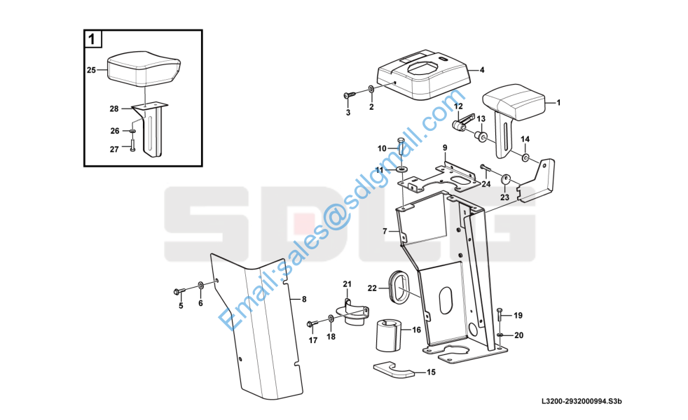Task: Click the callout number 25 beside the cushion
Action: click(91, 70)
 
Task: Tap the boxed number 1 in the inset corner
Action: click(92, 39)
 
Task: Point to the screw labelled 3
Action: click(350, 94)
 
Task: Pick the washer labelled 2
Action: click(371, 90)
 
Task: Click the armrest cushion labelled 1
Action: click(514, 104)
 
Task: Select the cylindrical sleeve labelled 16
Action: click(390, 335)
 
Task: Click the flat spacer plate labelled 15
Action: click(393, 370)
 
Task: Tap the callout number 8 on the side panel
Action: click(304, 300)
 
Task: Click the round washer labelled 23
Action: click(505, 179)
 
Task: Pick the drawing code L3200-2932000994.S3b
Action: click(582, 400)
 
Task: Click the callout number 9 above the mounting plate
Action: click(444, 148)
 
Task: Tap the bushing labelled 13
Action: click(481, 136)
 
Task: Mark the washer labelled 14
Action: click(525, 157)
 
